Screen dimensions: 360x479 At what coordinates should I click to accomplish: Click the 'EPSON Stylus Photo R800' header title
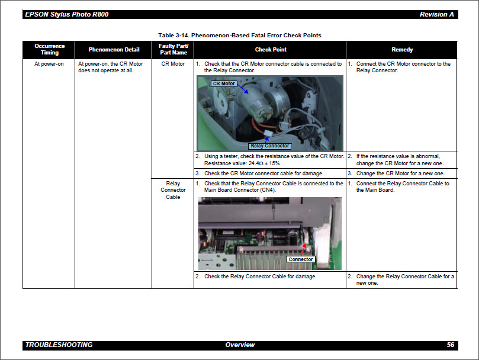[66, 14]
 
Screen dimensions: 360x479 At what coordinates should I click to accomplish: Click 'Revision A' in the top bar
[437, 14]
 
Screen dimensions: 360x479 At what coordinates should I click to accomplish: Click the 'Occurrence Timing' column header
[49, 49]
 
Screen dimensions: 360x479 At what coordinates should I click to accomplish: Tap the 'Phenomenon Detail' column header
[114, 50]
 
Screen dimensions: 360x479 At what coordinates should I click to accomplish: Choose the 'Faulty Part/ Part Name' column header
[173, 49]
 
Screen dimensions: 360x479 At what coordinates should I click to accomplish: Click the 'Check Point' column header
[271, 50]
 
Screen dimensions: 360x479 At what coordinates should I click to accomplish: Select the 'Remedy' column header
[402, 50]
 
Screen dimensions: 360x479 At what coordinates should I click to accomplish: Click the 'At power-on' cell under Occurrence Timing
[49, 64]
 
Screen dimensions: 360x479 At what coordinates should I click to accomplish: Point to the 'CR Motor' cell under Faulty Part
[173, 64]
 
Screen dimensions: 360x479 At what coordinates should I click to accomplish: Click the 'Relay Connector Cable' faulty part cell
[173, 190]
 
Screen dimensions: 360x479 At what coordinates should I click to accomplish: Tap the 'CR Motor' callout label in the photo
[224, 83]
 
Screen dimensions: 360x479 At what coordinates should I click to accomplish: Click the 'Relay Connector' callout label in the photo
[270, 146]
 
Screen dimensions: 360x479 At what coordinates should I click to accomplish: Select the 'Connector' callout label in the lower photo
[301, 259]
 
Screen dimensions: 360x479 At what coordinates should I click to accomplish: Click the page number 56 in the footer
[450, 345]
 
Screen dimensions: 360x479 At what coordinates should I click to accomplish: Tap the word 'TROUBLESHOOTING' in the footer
[59, 345]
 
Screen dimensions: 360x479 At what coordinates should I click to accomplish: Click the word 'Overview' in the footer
[240, 345]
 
